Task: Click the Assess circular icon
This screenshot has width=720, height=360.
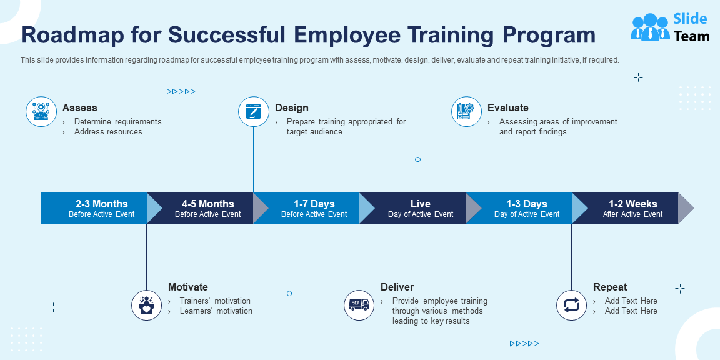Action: click(41, 112)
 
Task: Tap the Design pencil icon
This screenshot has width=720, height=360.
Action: click(254, 112)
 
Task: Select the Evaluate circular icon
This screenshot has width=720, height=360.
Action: click(466, 112)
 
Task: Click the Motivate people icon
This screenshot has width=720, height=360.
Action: click(147, 305)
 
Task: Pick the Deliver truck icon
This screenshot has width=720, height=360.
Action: click(359, 305)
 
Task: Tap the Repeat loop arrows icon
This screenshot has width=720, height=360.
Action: click(572, 305)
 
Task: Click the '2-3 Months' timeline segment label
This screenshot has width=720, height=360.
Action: click(101, 204)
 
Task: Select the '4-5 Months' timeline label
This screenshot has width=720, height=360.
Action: click(208, 204)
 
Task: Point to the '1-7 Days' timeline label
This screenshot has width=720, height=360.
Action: click(314, 204)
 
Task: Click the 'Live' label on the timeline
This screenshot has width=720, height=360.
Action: click(421, 204)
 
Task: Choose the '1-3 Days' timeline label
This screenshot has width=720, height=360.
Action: click(527, 204)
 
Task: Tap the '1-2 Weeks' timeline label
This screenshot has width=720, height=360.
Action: click(633, 204)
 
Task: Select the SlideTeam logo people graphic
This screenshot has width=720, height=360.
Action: click(650, 27)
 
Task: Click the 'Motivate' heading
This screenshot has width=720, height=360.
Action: click(188, 287)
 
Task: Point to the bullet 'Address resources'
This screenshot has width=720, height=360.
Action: click(108, 132)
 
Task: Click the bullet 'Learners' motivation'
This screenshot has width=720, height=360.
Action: click(216, 311)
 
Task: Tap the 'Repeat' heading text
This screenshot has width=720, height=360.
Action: click(610, 287)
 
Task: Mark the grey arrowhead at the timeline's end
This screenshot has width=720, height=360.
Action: click(685, 208)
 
